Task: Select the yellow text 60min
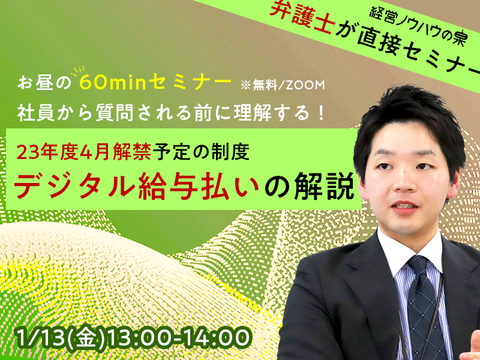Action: pos(114,83)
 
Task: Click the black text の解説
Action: pos(310,187)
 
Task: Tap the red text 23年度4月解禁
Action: pos(83,152)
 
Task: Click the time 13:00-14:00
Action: pos(178,338)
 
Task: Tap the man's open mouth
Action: pos(404,206)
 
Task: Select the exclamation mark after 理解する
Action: pos(320,113)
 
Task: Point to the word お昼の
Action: pos(44,83)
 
